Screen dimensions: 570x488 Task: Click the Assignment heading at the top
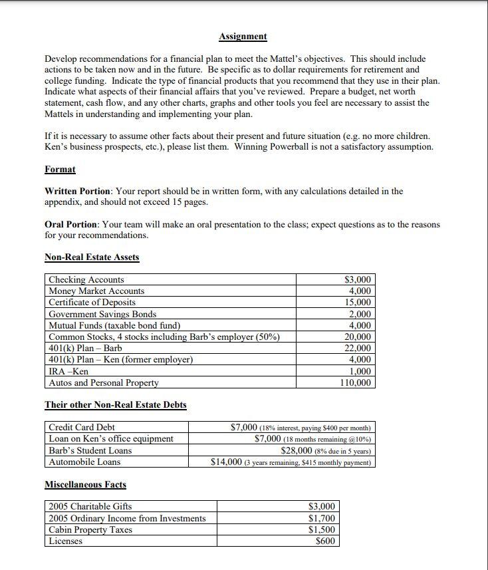click(243, 37)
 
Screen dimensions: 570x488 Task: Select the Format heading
click(60, 170)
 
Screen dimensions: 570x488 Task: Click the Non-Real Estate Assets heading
click(92, 257)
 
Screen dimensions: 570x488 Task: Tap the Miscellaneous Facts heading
click(85, 484)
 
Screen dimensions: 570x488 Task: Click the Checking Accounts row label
click(86, 280)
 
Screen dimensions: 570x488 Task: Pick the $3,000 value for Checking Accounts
click(359, 280)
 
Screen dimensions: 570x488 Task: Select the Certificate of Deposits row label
click(92, 303)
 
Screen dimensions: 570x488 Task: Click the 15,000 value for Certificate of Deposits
click(360, 303)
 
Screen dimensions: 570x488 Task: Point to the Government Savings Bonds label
click(102, 314)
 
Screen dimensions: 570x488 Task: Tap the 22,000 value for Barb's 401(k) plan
click(360, 349)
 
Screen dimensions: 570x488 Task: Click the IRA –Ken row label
click(68, 371)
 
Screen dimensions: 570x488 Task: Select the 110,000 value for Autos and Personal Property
click(358, 382)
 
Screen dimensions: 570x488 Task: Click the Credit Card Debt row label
click(82, 427)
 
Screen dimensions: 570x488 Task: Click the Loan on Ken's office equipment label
click(111, 438)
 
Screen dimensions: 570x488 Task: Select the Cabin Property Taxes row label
click(90, 529)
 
